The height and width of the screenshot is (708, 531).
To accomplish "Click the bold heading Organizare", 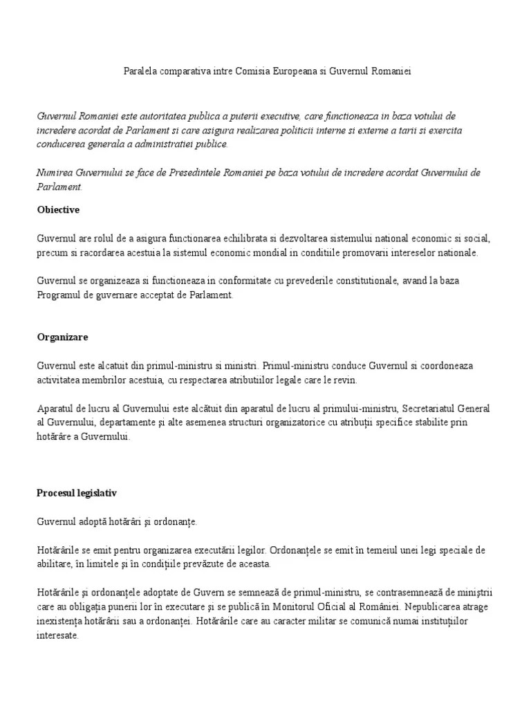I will point(62,337).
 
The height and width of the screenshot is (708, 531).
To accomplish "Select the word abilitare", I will point(55,563).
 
